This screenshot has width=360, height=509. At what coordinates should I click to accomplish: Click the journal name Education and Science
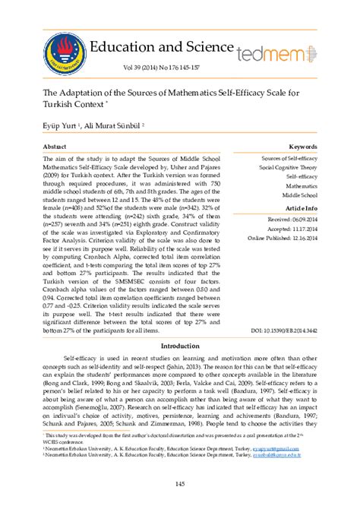161,46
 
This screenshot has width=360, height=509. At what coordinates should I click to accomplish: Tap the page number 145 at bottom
180,484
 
